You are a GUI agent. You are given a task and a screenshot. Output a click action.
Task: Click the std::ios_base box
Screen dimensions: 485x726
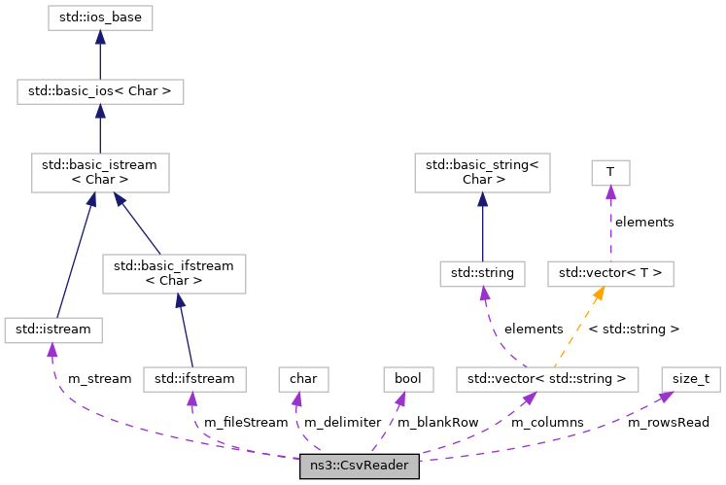[x=100, y=17]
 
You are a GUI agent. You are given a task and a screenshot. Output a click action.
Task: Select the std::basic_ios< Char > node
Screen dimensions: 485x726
[x=100, y=92]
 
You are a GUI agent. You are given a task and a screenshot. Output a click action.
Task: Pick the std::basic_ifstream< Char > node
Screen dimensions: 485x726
[x=176, y=273]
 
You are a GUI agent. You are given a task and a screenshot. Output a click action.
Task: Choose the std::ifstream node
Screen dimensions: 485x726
[x=194, y=376]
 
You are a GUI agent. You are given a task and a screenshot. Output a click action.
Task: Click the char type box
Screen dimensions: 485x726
[x=304, y=376]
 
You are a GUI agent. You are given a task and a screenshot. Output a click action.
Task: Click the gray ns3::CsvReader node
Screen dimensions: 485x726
[x=360, y=466]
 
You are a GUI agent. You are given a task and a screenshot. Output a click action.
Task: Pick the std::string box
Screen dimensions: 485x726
[x=482, y=273]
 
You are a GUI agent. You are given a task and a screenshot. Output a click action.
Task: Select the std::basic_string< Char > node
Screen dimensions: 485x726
[x=482, y=171]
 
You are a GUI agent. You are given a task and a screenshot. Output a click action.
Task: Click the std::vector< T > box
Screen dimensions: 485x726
[x=610, y=273]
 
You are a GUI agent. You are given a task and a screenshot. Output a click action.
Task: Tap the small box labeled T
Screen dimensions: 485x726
[x=610, y=172]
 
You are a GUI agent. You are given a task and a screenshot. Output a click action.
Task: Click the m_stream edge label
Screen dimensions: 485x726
[x=98, y=378]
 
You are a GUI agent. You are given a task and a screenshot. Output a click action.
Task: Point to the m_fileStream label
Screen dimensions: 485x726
[x=245, y=423]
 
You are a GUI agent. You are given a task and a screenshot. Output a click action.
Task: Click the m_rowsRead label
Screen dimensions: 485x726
[x=668, y=423]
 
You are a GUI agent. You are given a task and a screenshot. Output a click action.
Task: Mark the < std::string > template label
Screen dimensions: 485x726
[x=634, y=329]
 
